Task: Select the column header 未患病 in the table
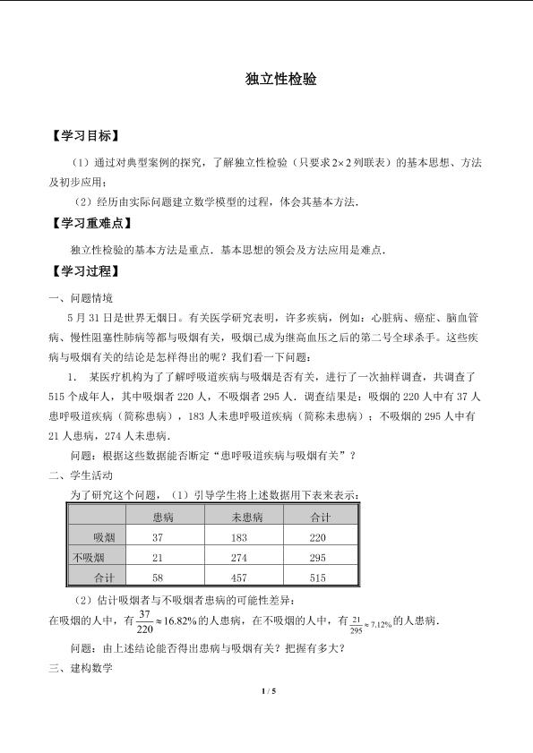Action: pyautogui.click(x=245, y=518)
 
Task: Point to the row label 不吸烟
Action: pyautogui.click(x=92, y=558)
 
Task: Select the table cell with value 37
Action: pyautogui.click(x=159, y=537)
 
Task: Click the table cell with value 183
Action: pyautogui.click(x=239, y=537)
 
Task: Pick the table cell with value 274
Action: pyautogui.click(x=239, y=558)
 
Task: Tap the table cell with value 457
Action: pyautogui.click(x=239, y=578)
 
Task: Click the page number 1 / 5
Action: pyautogui.click(x=266, y=690)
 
